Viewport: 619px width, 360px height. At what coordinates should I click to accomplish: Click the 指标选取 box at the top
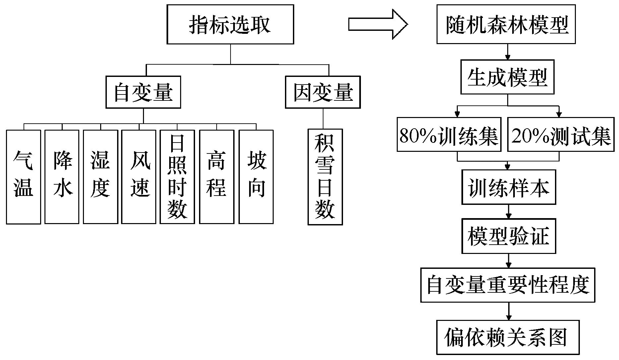pos(230,24)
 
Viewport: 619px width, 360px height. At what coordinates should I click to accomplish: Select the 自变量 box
pos(143,92)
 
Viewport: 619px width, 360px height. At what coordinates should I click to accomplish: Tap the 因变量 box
pos(323,92)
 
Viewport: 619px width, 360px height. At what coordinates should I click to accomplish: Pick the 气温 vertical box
pos(24,177)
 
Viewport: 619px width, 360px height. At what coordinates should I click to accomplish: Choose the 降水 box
pos(62,177)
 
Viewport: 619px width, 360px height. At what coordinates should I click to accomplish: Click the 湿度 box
pos(101,177)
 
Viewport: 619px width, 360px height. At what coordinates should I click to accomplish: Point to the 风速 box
pos(139,177)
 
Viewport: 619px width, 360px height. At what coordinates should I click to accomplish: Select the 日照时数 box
pos(177,177)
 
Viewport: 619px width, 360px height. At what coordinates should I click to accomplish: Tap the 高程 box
pos(217,177)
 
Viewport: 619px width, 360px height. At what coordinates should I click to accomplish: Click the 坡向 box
pos(256,177)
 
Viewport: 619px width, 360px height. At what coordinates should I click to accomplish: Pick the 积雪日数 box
pos(325,177)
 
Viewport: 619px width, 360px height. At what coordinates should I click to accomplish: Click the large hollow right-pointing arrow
pos(378,24)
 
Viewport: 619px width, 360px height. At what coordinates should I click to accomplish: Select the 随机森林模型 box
pos(506,24)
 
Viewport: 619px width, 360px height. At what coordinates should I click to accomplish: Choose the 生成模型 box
pos(508,77)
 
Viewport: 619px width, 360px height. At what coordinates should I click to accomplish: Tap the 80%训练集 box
pos(449,134)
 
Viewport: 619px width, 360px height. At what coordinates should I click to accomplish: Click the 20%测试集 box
pos(561,134)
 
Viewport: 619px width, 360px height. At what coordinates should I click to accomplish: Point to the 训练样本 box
pos(509,187)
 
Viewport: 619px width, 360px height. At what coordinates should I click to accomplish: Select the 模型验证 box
pos(509,236)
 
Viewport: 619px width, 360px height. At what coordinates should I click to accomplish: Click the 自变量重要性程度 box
pos(508,285)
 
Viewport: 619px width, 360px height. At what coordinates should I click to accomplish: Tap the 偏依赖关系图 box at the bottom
pos(508,337)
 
